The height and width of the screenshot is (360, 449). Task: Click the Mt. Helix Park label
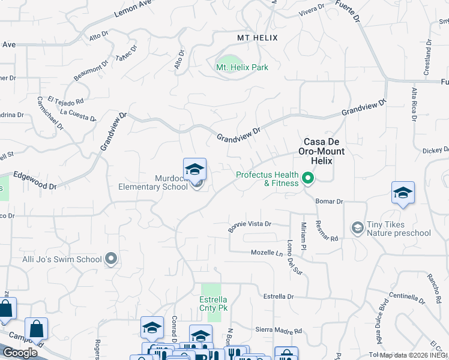(242, 67)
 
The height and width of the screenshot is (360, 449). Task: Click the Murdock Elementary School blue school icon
(194, 170)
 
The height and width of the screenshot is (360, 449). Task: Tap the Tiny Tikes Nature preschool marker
(357, 227)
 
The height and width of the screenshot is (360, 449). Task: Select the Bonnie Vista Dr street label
(250, 226)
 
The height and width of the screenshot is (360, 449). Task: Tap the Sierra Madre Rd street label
(279, 331)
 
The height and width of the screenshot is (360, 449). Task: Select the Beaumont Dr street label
(91, 70)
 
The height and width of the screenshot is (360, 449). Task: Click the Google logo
(19, 353)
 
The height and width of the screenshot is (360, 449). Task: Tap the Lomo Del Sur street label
(294, 257)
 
